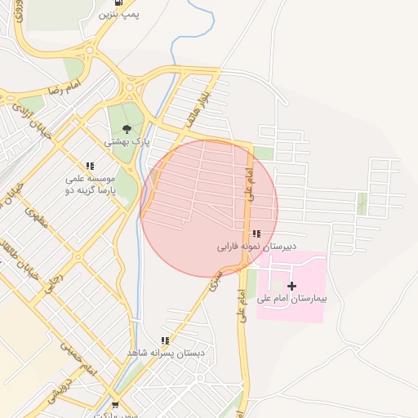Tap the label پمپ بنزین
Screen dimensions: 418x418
click(x=119, y=15)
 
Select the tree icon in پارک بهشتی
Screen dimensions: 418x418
click(x=127, y=128)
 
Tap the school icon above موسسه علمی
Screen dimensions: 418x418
click(x=90, y=166)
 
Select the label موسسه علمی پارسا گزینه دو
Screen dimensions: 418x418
click(x=91, y=185)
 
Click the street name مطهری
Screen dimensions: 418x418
click(x=38, y=216)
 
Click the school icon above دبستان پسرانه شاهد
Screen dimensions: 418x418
click(x=165, y=340)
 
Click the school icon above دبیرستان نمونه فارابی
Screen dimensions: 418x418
click(x=256, y=234)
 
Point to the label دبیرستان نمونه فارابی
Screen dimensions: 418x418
click(x=256, y=246)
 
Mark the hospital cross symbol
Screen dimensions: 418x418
click(x=291, y=286)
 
